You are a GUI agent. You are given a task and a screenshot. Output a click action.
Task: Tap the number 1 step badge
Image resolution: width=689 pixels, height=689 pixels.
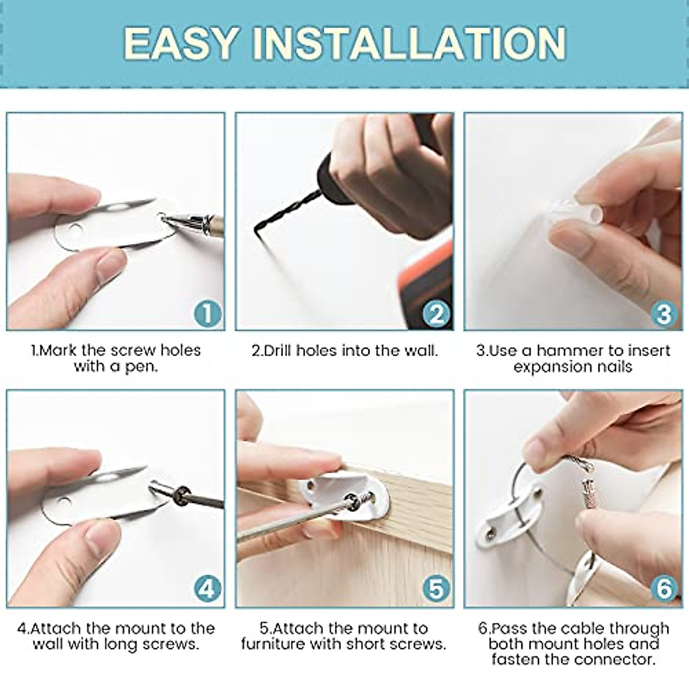207,313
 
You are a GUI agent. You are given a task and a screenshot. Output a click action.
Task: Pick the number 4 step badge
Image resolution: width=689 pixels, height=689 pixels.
207,589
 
